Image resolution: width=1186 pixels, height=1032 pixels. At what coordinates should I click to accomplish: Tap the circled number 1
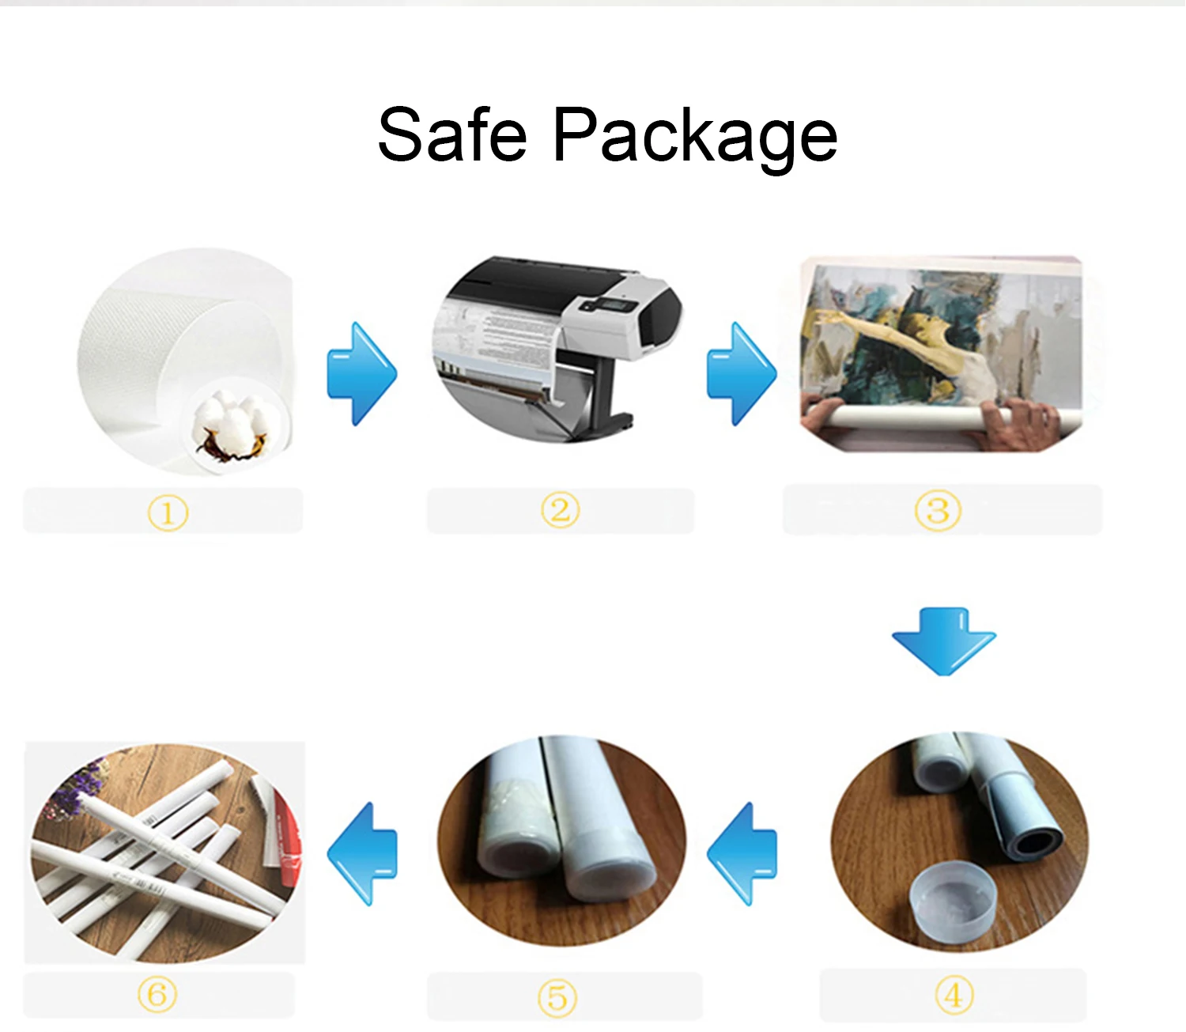pos(168,513)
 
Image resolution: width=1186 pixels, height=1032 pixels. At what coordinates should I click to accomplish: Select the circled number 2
pos(560,511)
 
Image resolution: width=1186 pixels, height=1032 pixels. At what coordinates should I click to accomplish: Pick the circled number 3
pos(938,511)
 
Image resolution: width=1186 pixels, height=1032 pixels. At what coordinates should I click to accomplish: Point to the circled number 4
pos(954,994)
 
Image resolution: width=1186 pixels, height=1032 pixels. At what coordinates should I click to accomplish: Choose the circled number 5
pos(557,998)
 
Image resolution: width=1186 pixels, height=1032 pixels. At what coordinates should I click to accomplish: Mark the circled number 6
pos(157,994)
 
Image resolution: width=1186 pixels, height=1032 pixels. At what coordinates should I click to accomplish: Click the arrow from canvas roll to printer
pos(362,373)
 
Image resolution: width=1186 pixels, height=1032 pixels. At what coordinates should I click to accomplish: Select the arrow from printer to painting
pos(742,373)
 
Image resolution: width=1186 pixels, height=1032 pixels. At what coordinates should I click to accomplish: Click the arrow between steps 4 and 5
pos(742,854)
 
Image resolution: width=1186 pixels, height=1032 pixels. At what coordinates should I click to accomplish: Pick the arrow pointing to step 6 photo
pos(362,854)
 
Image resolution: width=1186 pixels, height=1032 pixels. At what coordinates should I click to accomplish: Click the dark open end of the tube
pos(1037,843)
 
